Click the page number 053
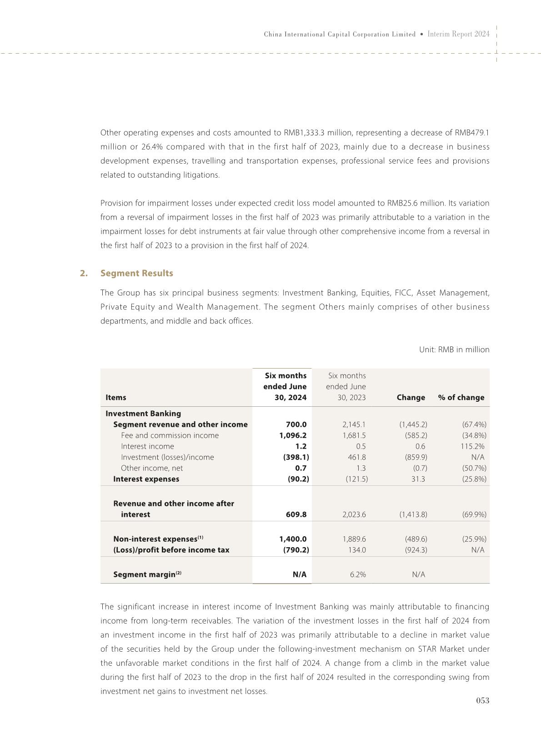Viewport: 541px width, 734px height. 482,700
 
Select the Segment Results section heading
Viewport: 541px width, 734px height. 136,273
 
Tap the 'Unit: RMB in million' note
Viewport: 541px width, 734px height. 454,350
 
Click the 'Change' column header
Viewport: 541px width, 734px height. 411,397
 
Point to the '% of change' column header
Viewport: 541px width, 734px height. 461,397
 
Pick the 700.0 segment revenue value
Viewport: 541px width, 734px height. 296,424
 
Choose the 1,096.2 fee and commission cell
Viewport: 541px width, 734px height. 293,435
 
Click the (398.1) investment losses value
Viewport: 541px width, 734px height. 296,457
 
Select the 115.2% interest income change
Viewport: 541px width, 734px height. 472,446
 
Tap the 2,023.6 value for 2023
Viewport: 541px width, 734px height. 354,514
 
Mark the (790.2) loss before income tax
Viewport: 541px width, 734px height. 296,550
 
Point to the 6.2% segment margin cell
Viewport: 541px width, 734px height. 358,574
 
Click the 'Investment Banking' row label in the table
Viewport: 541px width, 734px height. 143,414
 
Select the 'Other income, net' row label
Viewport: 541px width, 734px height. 152,468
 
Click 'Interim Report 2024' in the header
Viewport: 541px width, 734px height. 458,34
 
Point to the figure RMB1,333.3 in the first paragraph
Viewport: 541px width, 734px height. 304,133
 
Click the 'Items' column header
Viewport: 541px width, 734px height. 116,397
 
